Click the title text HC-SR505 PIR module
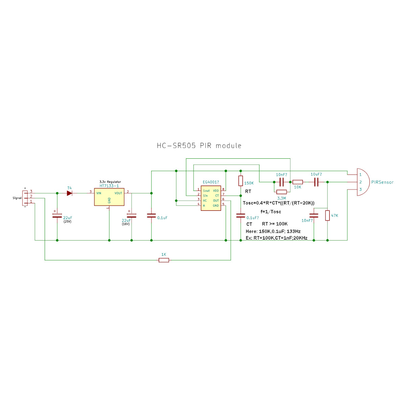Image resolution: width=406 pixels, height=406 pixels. [x=199, y=145]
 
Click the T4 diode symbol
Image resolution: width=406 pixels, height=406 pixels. [x=70, y=193]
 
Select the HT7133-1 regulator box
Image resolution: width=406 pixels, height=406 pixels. [x=109, y=197]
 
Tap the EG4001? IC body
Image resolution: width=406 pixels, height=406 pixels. [x=211, y=198]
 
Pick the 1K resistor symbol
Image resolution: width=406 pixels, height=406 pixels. [x=164, y=260]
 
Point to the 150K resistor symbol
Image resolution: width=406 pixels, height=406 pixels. [x=241, y=181]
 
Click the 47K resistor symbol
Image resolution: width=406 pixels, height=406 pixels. [x=327, y=215]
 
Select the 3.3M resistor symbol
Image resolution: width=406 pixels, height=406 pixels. [x=281, y=192]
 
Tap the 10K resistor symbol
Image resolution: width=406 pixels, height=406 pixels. [x=297, y=182]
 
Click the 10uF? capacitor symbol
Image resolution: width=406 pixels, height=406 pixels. [x=316, y=182]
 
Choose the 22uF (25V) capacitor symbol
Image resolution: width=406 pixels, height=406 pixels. [x=57, y=215]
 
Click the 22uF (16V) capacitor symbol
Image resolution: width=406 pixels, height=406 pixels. [x=132, y=215]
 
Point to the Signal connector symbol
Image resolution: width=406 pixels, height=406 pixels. [x=25, y=198]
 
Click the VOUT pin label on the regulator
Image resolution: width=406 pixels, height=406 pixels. [x=118, y=193]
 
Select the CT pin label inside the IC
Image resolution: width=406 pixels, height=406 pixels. [x=217, y=196]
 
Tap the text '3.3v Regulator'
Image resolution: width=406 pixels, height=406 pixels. [x=110, y=182]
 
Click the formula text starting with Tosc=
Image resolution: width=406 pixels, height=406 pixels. [x=278, y=203]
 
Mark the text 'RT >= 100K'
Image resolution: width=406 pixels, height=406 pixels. [x=275, y=224]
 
